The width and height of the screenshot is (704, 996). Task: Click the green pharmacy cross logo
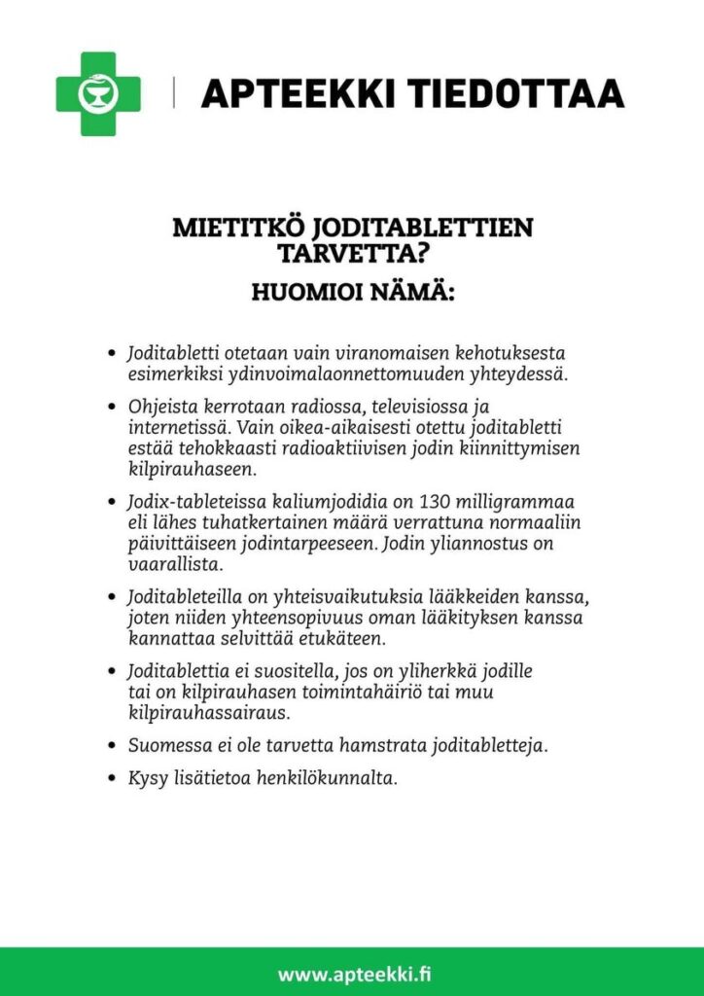(97, 93)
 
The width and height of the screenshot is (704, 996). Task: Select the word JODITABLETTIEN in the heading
(424, 229)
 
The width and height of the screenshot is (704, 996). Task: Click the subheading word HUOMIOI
(307, 292)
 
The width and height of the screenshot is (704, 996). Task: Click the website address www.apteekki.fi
(351, 973)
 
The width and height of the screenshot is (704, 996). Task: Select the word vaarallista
(176, 564)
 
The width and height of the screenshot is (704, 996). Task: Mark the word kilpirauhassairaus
(210, 713)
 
